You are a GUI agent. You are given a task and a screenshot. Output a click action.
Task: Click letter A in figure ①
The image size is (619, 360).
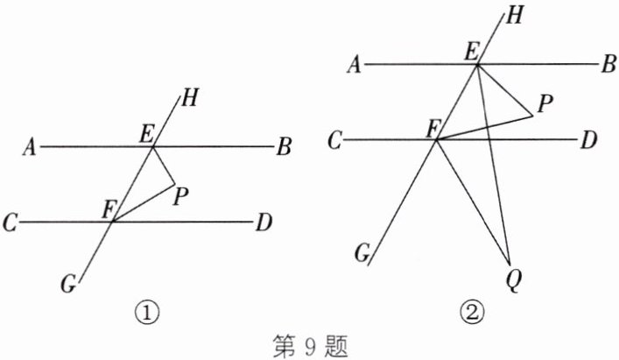click(x=30, y=149)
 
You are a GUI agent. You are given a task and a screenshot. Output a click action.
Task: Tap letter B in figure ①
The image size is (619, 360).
click(x=283, y=148)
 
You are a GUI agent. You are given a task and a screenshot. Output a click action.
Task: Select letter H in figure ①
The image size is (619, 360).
click(x=190, y=99)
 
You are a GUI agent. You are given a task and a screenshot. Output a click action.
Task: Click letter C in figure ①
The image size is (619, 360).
click(x=11, y=223)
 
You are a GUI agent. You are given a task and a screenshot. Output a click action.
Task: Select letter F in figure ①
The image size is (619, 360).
click(x=109, y=209)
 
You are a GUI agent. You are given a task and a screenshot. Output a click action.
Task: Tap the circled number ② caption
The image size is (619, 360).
click(x=474, y=310)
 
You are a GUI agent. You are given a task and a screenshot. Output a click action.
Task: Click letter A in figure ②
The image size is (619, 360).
click(x=355, y=65)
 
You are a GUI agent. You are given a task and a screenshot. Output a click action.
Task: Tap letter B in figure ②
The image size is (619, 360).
click(x=608, y=64)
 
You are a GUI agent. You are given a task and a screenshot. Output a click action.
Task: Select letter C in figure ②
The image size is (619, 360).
click(x=335, y=140)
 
